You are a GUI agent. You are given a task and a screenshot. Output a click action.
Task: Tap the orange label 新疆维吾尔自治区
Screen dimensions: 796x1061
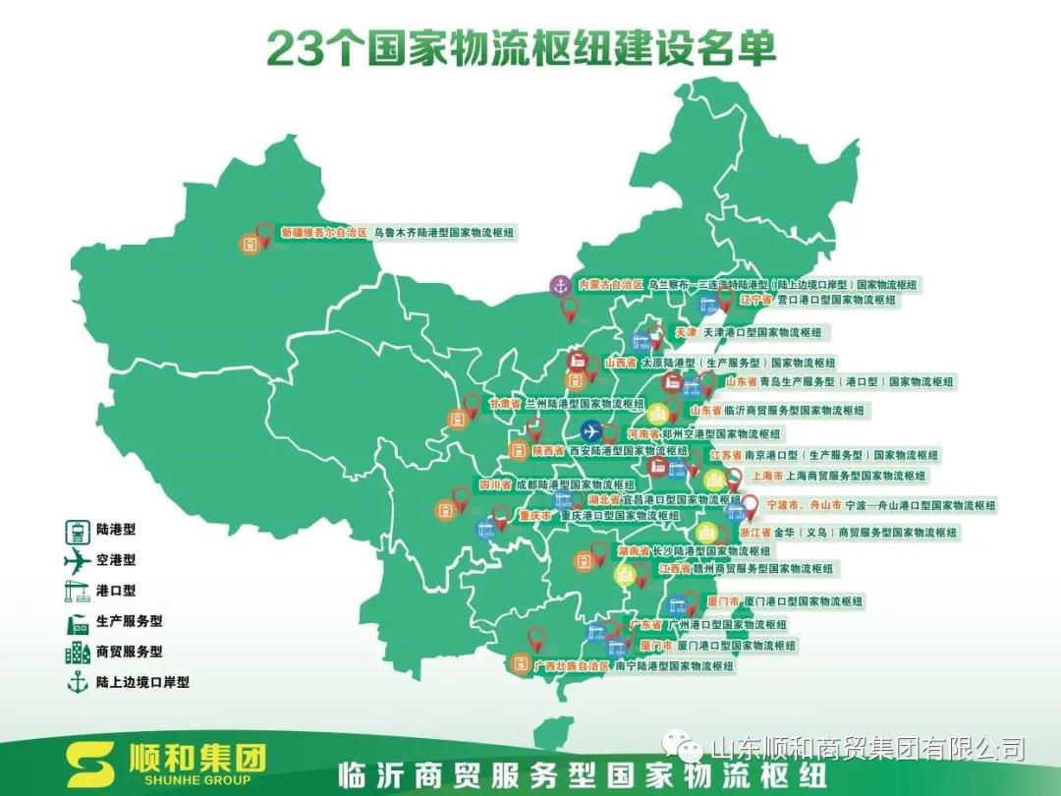click(x=323, y=234)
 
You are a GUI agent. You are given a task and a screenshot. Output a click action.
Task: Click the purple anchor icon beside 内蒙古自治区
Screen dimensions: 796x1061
click(x=559, y=285)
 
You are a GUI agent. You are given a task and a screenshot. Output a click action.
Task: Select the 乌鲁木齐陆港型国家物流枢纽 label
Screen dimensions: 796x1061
click(x=444, y=234)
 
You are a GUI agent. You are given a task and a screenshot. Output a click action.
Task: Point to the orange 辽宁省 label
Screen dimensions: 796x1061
click(x=755, y=299)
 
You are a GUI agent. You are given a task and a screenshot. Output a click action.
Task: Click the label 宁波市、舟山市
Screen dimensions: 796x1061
click(x=804, y=505)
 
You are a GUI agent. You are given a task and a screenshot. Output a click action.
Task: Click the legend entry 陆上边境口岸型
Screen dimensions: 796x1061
click(x=142, y=681)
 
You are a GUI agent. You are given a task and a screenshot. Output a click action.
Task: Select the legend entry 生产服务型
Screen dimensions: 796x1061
click(x=129, y=621)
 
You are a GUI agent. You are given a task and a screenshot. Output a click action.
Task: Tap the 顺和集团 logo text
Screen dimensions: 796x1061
click(x=197, y=759)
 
